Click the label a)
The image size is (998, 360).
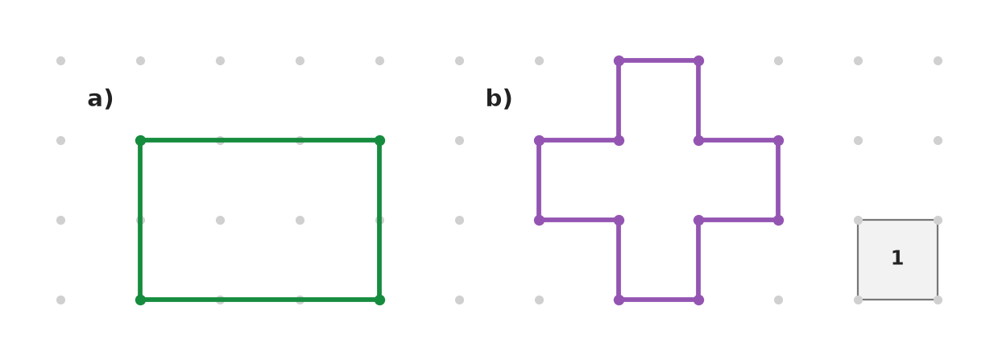click(100, 98)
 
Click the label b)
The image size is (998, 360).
click(499, 98)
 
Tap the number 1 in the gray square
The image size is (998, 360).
click(897, 258)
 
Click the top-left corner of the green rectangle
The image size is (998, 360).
click(140, 141)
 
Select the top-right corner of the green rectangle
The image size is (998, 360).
click(379, 141)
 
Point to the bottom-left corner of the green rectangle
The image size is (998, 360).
click(140, 300)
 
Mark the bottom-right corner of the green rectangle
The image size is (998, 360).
click(379, 300)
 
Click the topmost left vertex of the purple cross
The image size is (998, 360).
click(619, 60)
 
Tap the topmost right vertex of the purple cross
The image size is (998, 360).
click(698, 60)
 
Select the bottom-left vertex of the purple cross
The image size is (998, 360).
click(619, 300)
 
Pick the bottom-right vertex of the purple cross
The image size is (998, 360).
click(698, 300)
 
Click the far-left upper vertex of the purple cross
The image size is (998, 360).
click(539, 141)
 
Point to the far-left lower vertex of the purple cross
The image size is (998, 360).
click(539, 220)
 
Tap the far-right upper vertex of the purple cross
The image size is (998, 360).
click(778, 141)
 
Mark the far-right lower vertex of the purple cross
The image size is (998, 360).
click(778, 220)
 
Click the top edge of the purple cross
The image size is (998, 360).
click(659, 60)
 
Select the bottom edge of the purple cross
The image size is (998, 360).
click(659, 300)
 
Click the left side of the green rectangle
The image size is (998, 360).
click(140, 220)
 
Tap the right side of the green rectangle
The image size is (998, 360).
click(379, 220)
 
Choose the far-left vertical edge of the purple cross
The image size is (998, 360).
click(539, 180)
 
